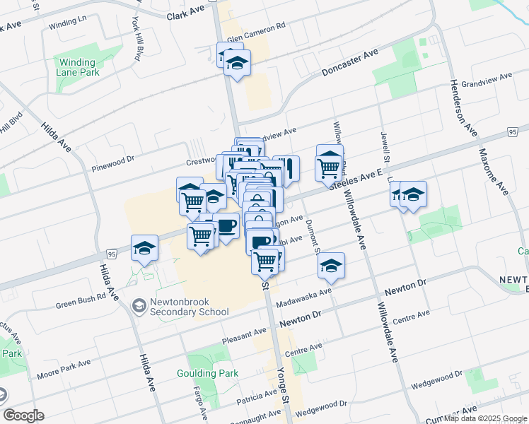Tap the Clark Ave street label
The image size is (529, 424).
(x=185, y=14)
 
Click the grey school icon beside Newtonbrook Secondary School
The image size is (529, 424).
(x=139, y=306)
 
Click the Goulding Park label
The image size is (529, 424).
(x=208, y=373)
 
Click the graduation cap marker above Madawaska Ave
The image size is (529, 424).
(x=330, y=266)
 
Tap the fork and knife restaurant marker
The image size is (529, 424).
(x=286, y=169)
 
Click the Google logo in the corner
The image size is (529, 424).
(x=23, y=416)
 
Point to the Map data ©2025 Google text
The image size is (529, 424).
(x=484, y=418)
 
